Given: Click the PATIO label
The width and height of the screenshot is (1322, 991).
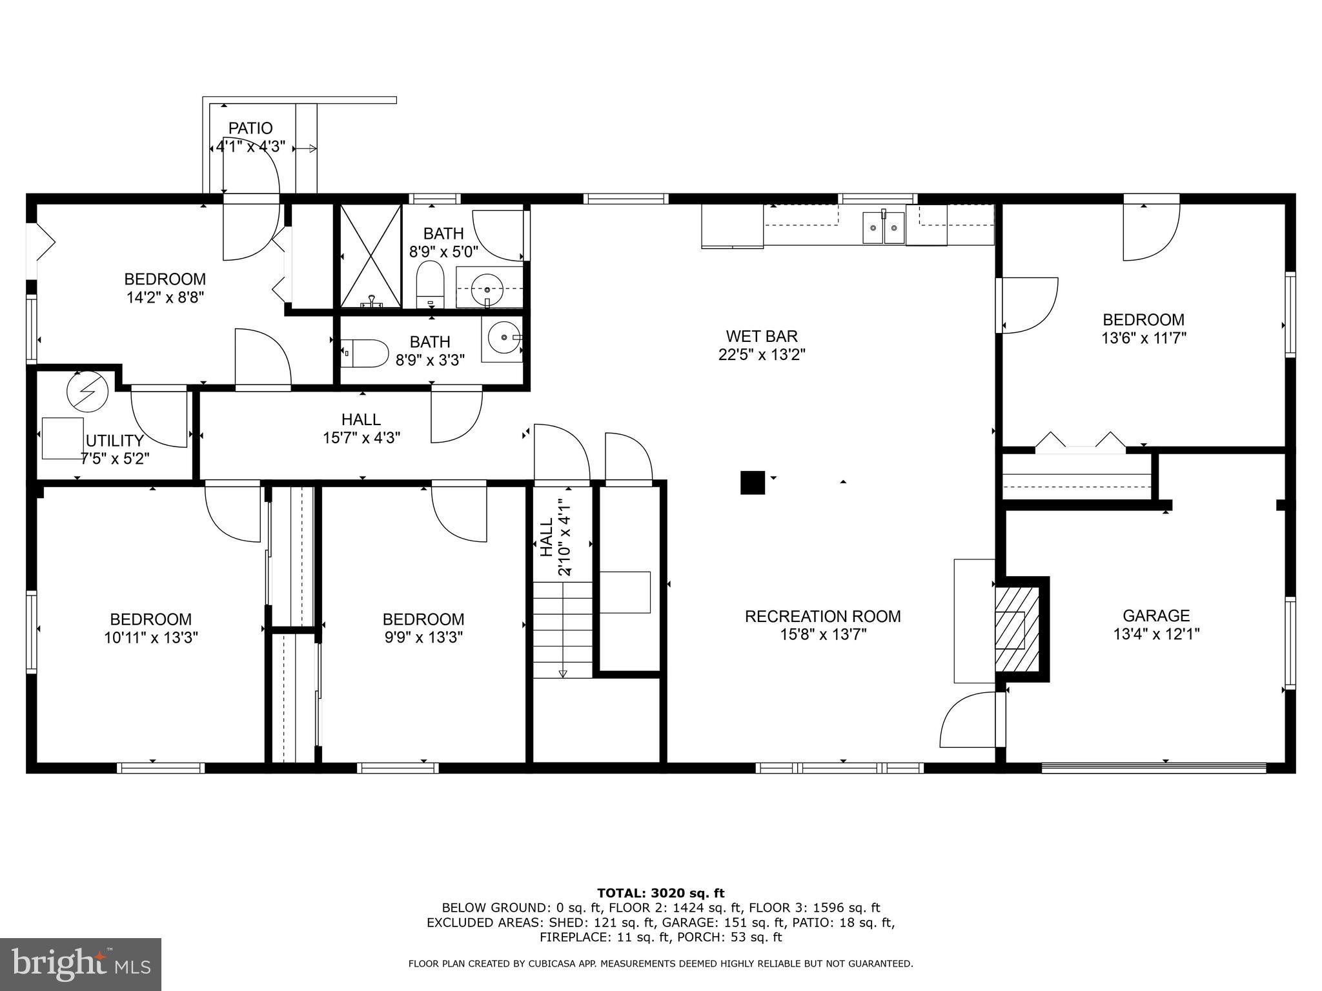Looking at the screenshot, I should pyautogui.click(x=250, y=128).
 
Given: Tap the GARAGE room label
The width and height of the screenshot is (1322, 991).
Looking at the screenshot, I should pyautogui.click(x=1156, y=616).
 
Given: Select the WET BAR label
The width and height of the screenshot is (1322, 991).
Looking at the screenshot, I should pyautogui.click(x=762, y=336).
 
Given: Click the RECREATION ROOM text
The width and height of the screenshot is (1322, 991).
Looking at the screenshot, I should pyautogui.click(x=823, y=616).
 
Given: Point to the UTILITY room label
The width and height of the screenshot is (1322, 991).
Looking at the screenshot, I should pyautogui.click(x=115, y=441).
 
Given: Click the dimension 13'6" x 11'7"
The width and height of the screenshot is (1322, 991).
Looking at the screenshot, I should pyautogui.click(x=1144, y=338).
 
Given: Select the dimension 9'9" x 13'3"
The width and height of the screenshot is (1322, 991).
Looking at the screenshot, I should pyautogui.click(x=423, y=637).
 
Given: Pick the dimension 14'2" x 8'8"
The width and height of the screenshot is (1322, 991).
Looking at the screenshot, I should pyautogui.click(x=165, y=297).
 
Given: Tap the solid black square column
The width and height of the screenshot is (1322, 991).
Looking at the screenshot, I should pyautogui.click(x=752, y=483).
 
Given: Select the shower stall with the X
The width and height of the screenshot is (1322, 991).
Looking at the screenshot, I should pyautogui.click(x=371, y=256).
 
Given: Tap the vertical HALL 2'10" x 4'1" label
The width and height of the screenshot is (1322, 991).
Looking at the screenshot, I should pyautogui.click(x=555, y=537).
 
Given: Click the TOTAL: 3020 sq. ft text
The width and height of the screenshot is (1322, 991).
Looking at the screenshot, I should pyautogui.click(x=660, y=893).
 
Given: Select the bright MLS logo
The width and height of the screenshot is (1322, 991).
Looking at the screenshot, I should pyautogui.click(x=81, y=964).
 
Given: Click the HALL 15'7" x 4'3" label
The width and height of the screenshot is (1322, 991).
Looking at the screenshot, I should pyautogui.click(x=361, y=428).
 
